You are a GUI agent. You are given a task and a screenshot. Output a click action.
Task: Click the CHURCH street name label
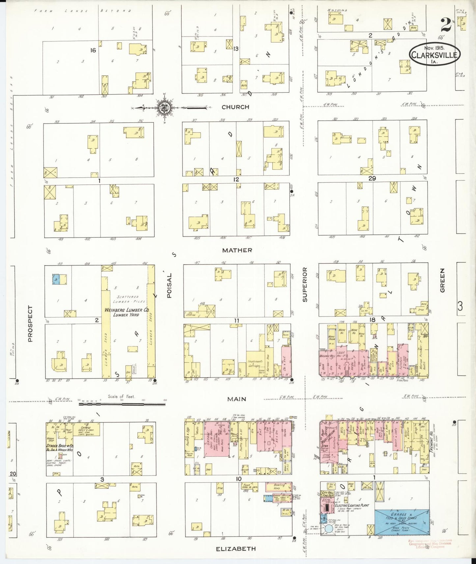235,107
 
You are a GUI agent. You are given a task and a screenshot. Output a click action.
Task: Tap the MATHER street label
237,250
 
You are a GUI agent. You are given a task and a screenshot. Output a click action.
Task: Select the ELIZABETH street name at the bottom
236,549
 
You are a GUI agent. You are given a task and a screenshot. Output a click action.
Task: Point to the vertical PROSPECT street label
30,324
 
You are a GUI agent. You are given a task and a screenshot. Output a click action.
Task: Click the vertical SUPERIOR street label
305,285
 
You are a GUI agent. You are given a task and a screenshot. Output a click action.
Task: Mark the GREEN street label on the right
442,280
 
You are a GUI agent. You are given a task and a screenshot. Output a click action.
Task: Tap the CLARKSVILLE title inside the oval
434,55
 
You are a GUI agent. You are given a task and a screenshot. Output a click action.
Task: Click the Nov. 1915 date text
434,48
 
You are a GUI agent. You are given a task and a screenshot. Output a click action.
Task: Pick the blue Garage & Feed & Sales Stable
402,522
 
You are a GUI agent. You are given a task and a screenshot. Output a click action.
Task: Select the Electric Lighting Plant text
351,505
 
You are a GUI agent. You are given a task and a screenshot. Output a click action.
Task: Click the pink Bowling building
279,487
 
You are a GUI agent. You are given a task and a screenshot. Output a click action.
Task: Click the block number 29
372,178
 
